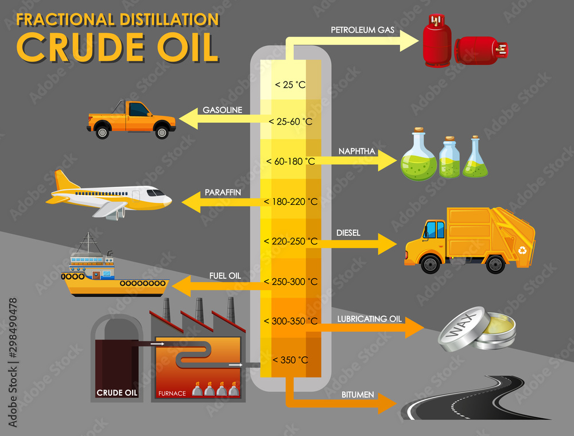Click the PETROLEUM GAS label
click(362, 29)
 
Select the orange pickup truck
click(131, 119)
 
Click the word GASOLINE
click(223, 110)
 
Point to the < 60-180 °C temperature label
click(290, 161)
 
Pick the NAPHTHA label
click(356, 151)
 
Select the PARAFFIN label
click(222, 192)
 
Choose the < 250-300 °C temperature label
click(290, 282)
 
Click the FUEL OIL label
click(225, 275)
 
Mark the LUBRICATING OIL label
click(369, 318)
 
